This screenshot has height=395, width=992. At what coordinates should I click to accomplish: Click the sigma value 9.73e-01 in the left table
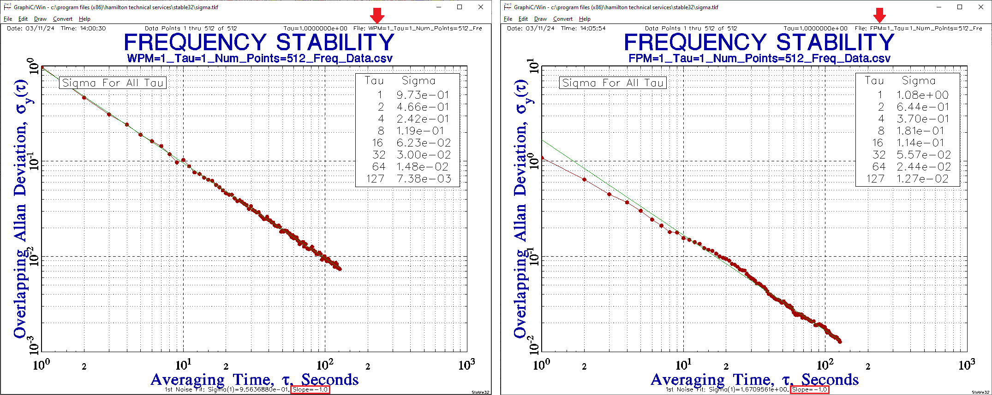[x=423, y=95]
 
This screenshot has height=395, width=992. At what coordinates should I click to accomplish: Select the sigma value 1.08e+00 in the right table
[x=922, y=95]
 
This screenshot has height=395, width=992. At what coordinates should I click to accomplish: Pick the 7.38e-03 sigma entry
[x=424, y=179]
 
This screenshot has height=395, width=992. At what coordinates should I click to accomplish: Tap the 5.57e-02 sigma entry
[x=923, y=155]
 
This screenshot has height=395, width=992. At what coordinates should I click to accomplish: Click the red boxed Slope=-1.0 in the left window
[x=311, y=389]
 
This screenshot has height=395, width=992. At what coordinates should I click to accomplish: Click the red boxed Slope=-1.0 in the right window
[x=810, y=389]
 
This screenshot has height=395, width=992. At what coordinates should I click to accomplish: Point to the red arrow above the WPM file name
[x=377, y=15]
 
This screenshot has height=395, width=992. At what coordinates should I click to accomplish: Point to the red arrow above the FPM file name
[x=879, y=15]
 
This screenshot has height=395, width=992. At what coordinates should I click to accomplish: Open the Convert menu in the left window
[x=62, y=19]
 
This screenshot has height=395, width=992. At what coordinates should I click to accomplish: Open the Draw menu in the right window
[x=540, y=19]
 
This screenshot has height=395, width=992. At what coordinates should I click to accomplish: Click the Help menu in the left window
[x=84, y=19]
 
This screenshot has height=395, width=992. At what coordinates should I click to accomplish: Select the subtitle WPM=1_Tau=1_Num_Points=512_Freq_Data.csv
[x=260, y=59]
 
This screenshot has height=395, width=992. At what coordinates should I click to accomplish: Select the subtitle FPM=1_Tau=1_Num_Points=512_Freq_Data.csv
[x=759, y=59]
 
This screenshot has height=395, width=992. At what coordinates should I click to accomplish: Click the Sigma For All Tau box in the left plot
[x=113, y=83]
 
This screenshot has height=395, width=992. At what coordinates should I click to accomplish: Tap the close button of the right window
[x=981, y=7]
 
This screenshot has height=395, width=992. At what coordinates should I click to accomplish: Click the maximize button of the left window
[x=460, y=7]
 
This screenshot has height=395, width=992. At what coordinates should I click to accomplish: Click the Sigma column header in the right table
[x=919, y=81]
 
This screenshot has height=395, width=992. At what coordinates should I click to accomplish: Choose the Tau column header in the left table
[x=374, y=81]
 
